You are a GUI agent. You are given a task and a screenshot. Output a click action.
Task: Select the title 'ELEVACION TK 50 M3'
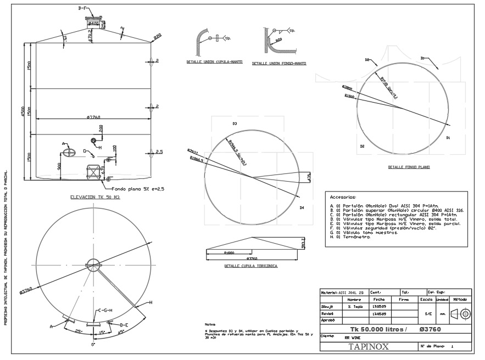point(95,196)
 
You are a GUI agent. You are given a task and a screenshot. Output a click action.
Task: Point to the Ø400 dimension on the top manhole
point(93,24)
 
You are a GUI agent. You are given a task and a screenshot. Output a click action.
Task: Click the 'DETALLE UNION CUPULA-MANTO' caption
point(214,62)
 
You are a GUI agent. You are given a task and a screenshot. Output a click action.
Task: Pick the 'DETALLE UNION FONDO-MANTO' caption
point(279,64)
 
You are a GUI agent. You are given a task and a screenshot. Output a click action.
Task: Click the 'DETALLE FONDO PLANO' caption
point(409,167)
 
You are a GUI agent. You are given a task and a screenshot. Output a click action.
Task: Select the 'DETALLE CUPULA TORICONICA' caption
point(251,266)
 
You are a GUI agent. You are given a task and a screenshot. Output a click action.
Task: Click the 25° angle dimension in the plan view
point(78,331)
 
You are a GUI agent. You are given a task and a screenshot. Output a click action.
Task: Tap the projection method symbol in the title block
point(461,314)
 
